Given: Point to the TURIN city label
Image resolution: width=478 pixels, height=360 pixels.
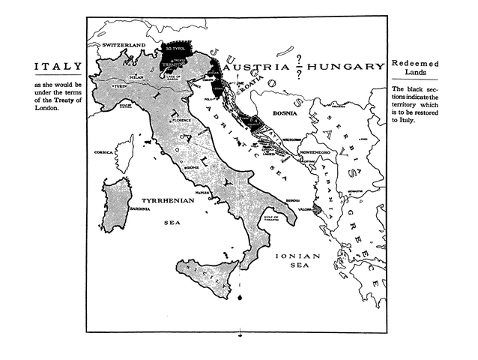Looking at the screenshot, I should point(121,87).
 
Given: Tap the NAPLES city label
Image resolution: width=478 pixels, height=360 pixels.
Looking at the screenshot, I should point(202,193).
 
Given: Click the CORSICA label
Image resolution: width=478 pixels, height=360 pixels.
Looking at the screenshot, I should point(103,152).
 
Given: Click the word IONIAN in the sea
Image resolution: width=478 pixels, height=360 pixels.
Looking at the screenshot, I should point(299,256).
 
